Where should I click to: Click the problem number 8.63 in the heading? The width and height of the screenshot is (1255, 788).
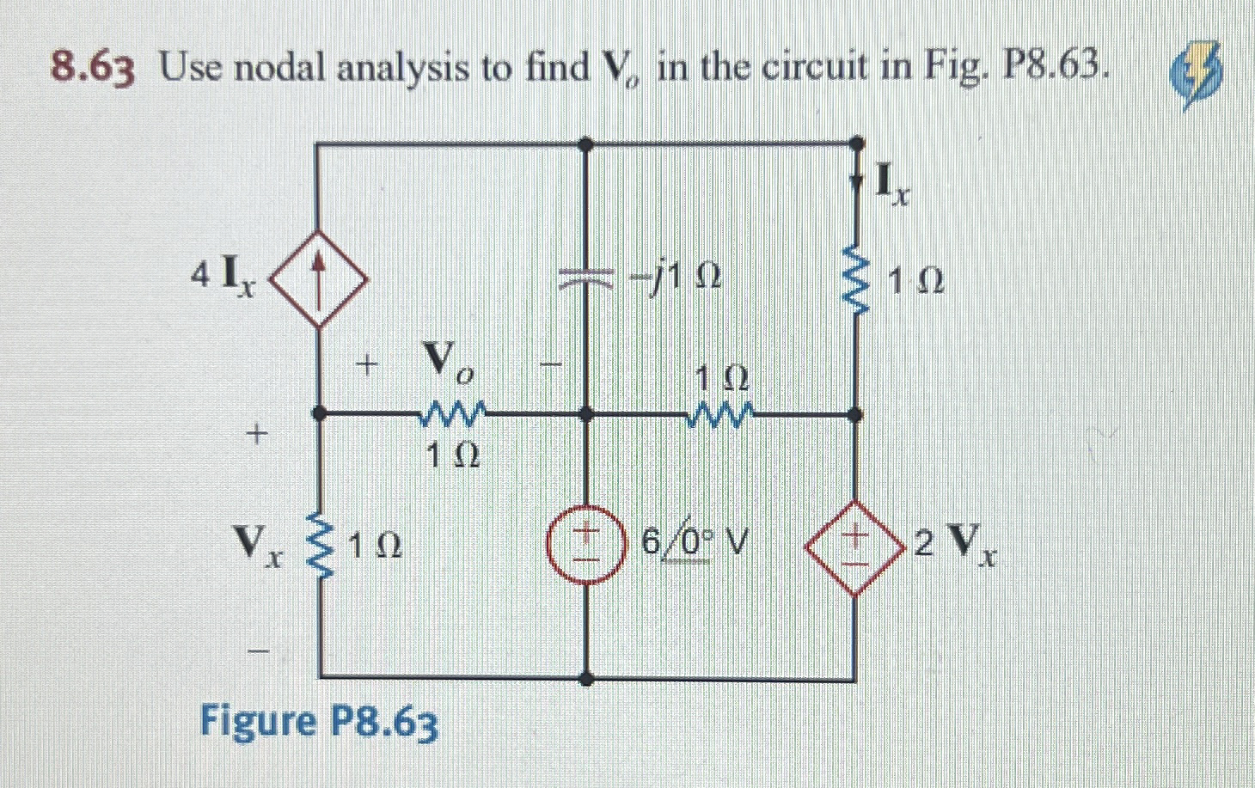click(x=93, y=68)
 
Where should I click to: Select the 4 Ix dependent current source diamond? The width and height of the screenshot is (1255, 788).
click(x=319, y=278)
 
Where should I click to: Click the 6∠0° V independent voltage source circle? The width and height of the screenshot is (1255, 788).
click(x=586, y=542)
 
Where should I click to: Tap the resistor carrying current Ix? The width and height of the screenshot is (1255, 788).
click(x=854, y=279)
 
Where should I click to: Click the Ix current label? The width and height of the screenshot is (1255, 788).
click(x=891, y=184)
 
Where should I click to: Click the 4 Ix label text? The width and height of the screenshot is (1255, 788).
click(x=222, y=277)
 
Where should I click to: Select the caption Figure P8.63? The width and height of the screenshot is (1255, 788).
click(x=319, y=722)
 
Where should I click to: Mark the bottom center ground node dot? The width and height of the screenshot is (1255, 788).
click(x=586, y=679)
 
